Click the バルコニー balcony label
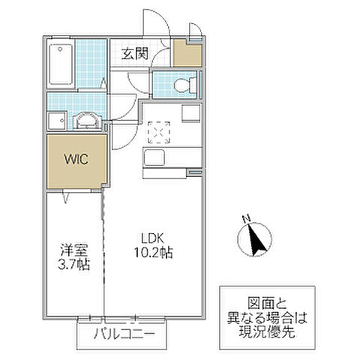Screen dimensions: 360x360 click(x=119, y=334)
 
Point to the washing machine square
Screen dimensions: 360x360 click(x=56, y=121)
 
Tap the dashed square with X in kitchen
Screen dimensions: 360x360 click(x=159, y=133)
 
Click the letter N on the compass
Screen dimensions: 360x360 click(x=246, y=220)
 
